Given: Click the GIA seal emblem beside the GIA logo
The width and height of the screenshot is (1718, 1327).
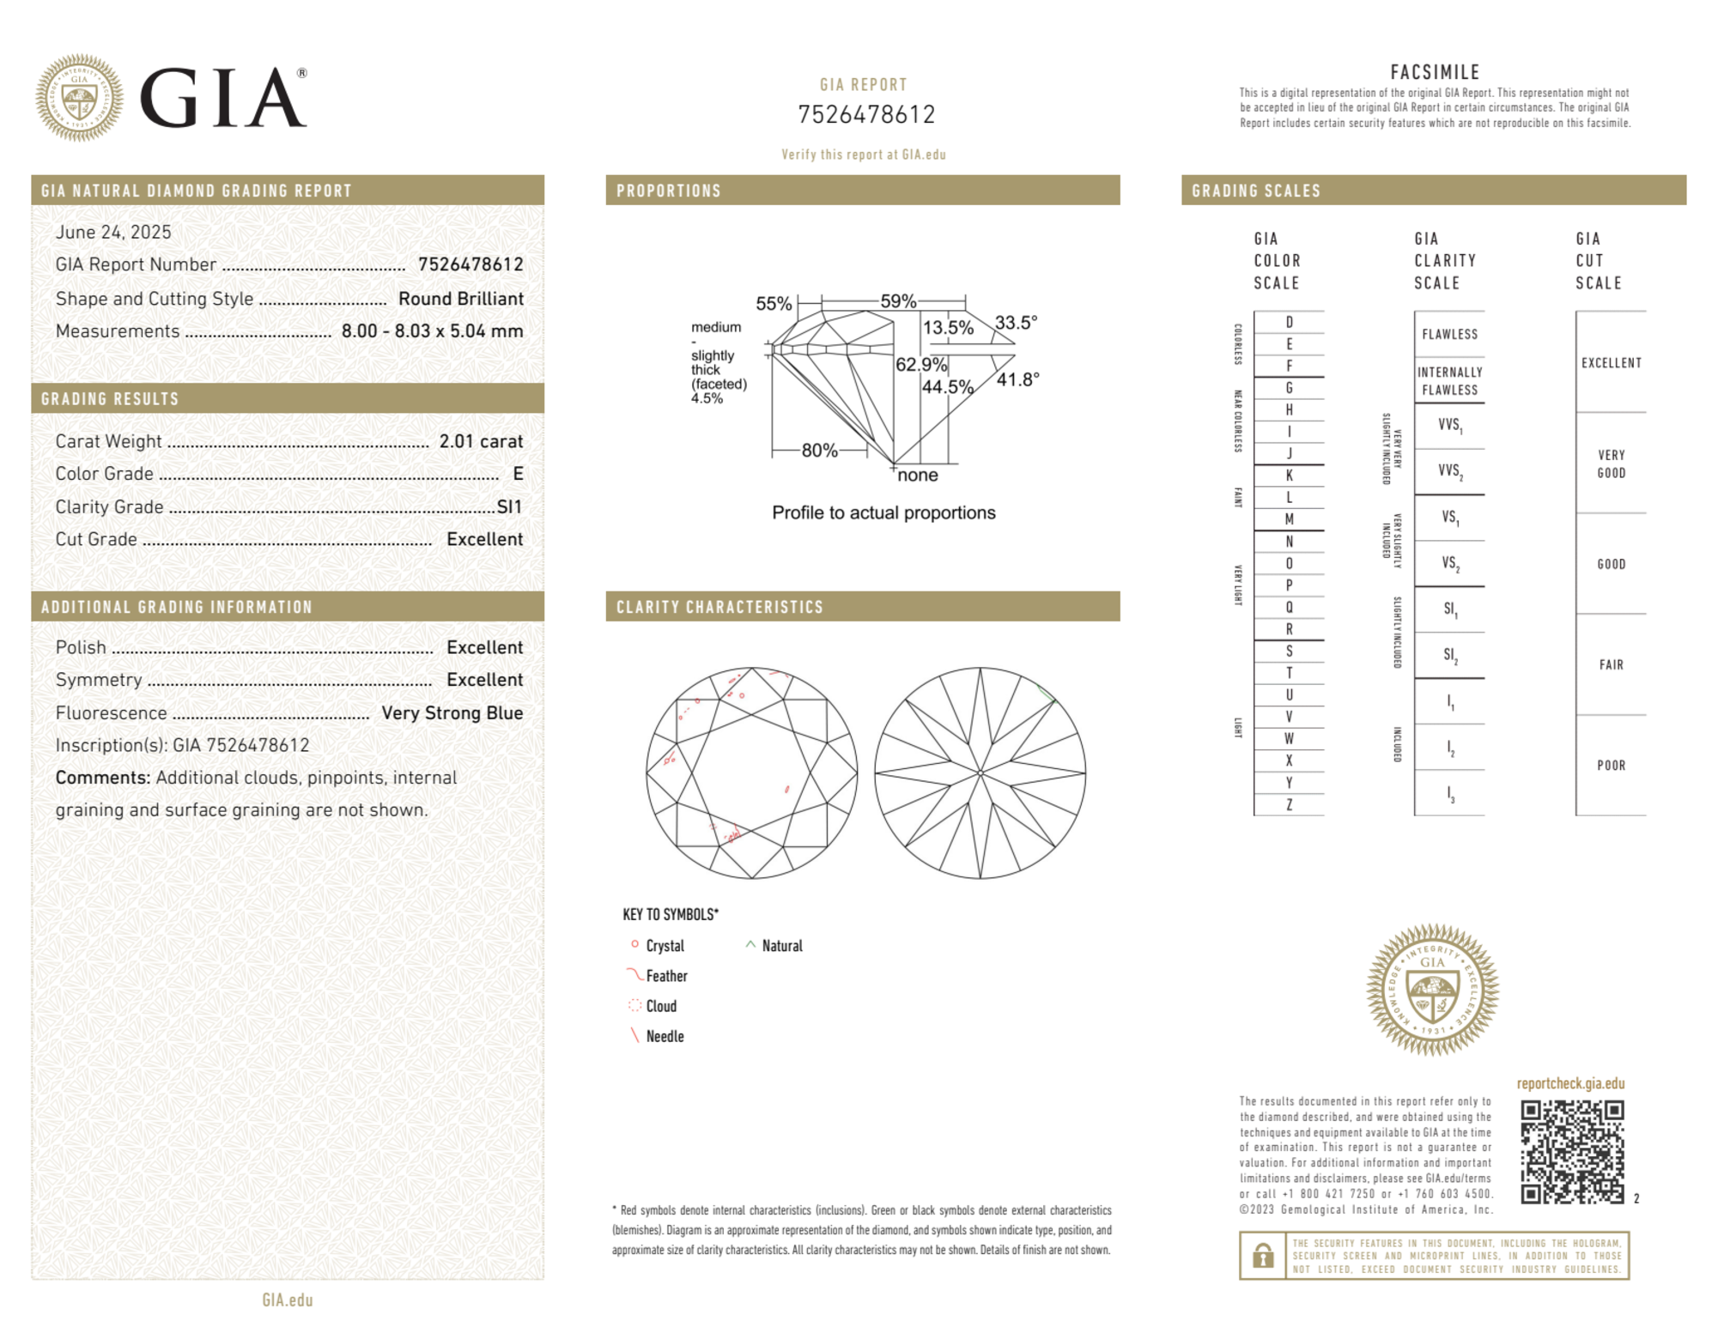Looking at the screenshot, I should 79,98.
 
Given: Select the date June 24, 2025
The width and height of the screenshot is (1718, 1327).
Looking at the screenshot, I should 113,232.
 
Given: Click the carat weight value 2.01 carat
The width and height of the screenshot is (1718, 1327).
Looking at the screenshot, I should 481,441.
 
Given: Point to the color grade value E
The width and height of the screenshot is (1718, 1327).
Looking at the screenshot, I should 518,474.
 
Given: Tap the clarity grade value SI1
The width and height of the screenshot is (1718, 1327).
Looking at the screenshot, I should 509,506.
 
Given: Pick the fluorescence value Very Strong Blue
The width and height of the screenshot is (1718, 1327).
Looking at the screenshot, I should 452,712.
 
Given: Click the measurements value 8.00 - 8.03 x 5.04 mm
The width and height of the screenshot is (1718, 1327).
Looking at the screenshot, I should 432,331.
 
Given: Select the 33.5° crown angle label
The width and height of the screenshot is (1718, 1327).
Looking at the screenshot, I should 1016,323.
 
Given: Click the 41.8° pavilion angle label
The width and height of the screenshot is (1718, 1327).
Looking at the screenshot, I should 1017,379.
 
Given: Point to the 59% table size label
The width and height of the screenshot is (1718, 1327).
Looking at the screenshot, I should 898,301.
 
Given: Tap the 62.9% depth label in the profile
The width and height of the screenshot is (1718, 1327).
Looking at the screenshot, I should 920,364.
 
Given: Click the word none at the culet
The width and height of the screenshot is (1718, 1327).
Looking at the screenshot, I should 917,475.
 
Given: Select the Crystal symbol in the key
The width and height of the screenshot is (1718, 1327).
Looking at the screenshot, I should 634,944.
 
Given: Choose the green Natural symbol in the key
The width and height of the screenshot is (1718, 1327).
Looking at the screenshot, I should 750,944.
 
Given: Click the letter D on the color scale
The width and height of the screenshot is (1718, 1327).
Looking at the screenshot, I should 1289,322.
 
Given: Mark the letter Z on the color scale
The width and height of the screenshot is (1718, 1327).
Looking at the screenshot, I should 1289,804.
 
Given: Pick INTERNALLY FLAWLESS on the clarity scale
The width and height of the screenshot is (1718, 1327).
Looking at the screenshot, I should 1449,380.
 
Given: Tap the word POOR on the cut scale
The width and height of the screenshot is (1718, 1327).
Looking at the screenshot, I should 1611,765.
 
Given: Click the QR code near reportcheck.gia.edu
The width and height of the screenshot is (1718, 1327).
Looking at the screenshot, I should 1571,1151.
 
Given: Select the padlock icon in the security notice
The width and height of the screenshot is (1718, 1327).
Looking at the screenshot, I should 1262,1256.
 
